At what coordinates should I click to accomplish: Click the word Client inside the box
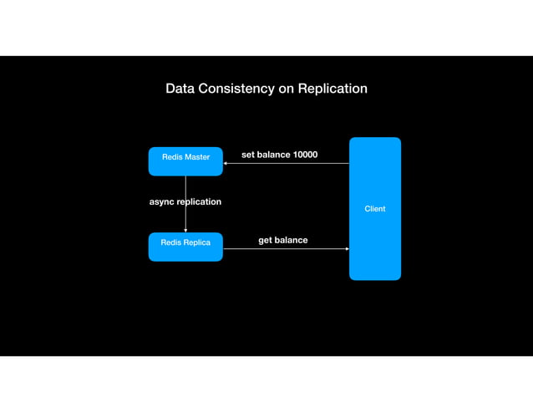374,209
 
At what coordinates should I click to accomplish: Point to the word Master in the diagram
197,157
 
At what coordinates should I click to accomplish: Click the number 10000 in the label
305,155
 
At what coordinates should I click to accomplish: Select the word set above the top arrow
248,155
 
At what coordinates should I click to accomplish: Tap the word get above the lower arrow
266,240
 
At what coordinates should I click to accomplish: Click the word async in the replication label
162,201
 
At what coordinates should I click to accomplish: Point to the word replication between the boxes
200,201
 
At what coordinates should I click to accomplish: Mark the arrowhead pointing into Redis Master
226,164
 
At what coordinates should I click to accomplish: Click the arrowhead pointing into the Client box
347,249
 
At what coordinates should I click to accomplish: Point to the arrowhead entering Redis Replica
185,231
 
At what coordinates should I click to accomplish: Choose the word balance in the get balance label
291,240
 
